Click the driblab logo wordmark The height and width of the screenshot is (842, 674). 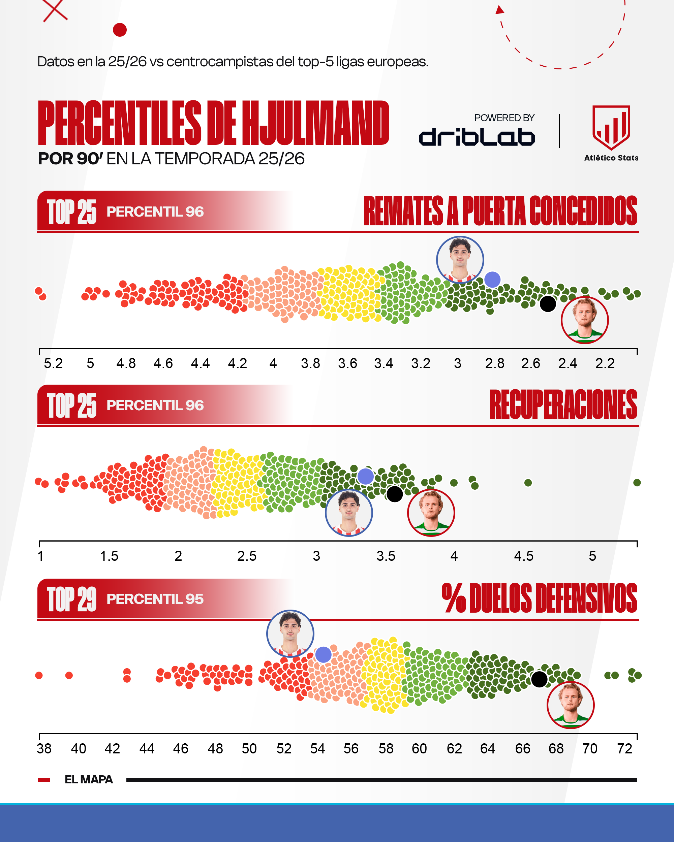click(x=477, y=137)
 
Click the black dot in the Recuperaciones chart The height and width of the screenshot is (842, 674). click(x=395, y=494)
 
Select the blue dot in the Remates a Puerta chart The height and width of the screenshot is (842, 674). click(x=492, y=280)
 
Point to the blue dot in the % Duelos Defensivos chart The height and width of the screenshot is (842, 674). click(x=324, y=654)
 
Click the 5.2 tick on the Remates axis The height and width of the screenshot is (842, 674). click(x=53, y=364)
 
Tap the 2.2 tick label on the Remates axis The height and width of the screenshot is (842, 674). click(x=605, y=364)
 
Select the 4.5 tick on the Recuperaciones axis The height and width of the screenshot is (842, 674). click(x=524, y=556)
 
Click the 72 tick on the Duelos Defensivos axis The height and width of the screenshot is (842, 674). click(x=624, y=749)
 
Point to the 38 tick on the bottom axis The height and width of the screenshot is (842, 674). click(x=44, y=749)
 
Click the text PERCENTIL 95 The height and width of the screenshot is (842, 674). click(x=155, y=599)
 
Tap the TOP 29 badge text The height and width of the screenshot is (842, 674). click(x=72, y=599)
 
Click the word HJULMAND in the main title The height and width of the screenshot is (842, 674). click(x=315, y=123)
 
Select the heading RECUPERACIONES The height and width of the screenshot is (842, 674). click(x=563, y=404)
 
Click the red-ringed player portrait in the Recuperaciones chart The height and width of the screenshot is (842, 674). click(x=431, y=513)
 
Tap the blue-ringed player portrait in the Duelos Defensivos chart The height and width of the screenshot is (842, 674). click(x=290, y=634)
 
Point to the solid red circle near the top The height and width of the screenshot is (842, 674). click(x=120, y=30)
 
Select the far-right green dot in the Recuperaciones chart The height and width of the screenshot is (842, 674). click(x=637, y=483)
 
